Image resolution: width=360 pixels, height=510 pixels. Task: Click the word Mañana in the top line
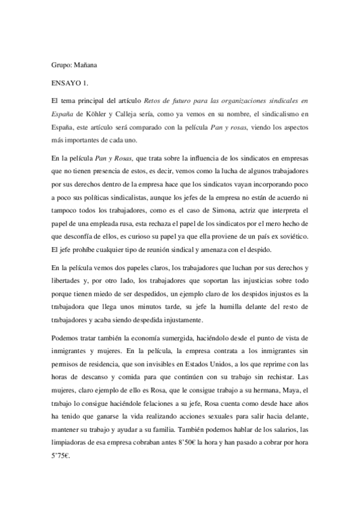coord(86,64)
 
